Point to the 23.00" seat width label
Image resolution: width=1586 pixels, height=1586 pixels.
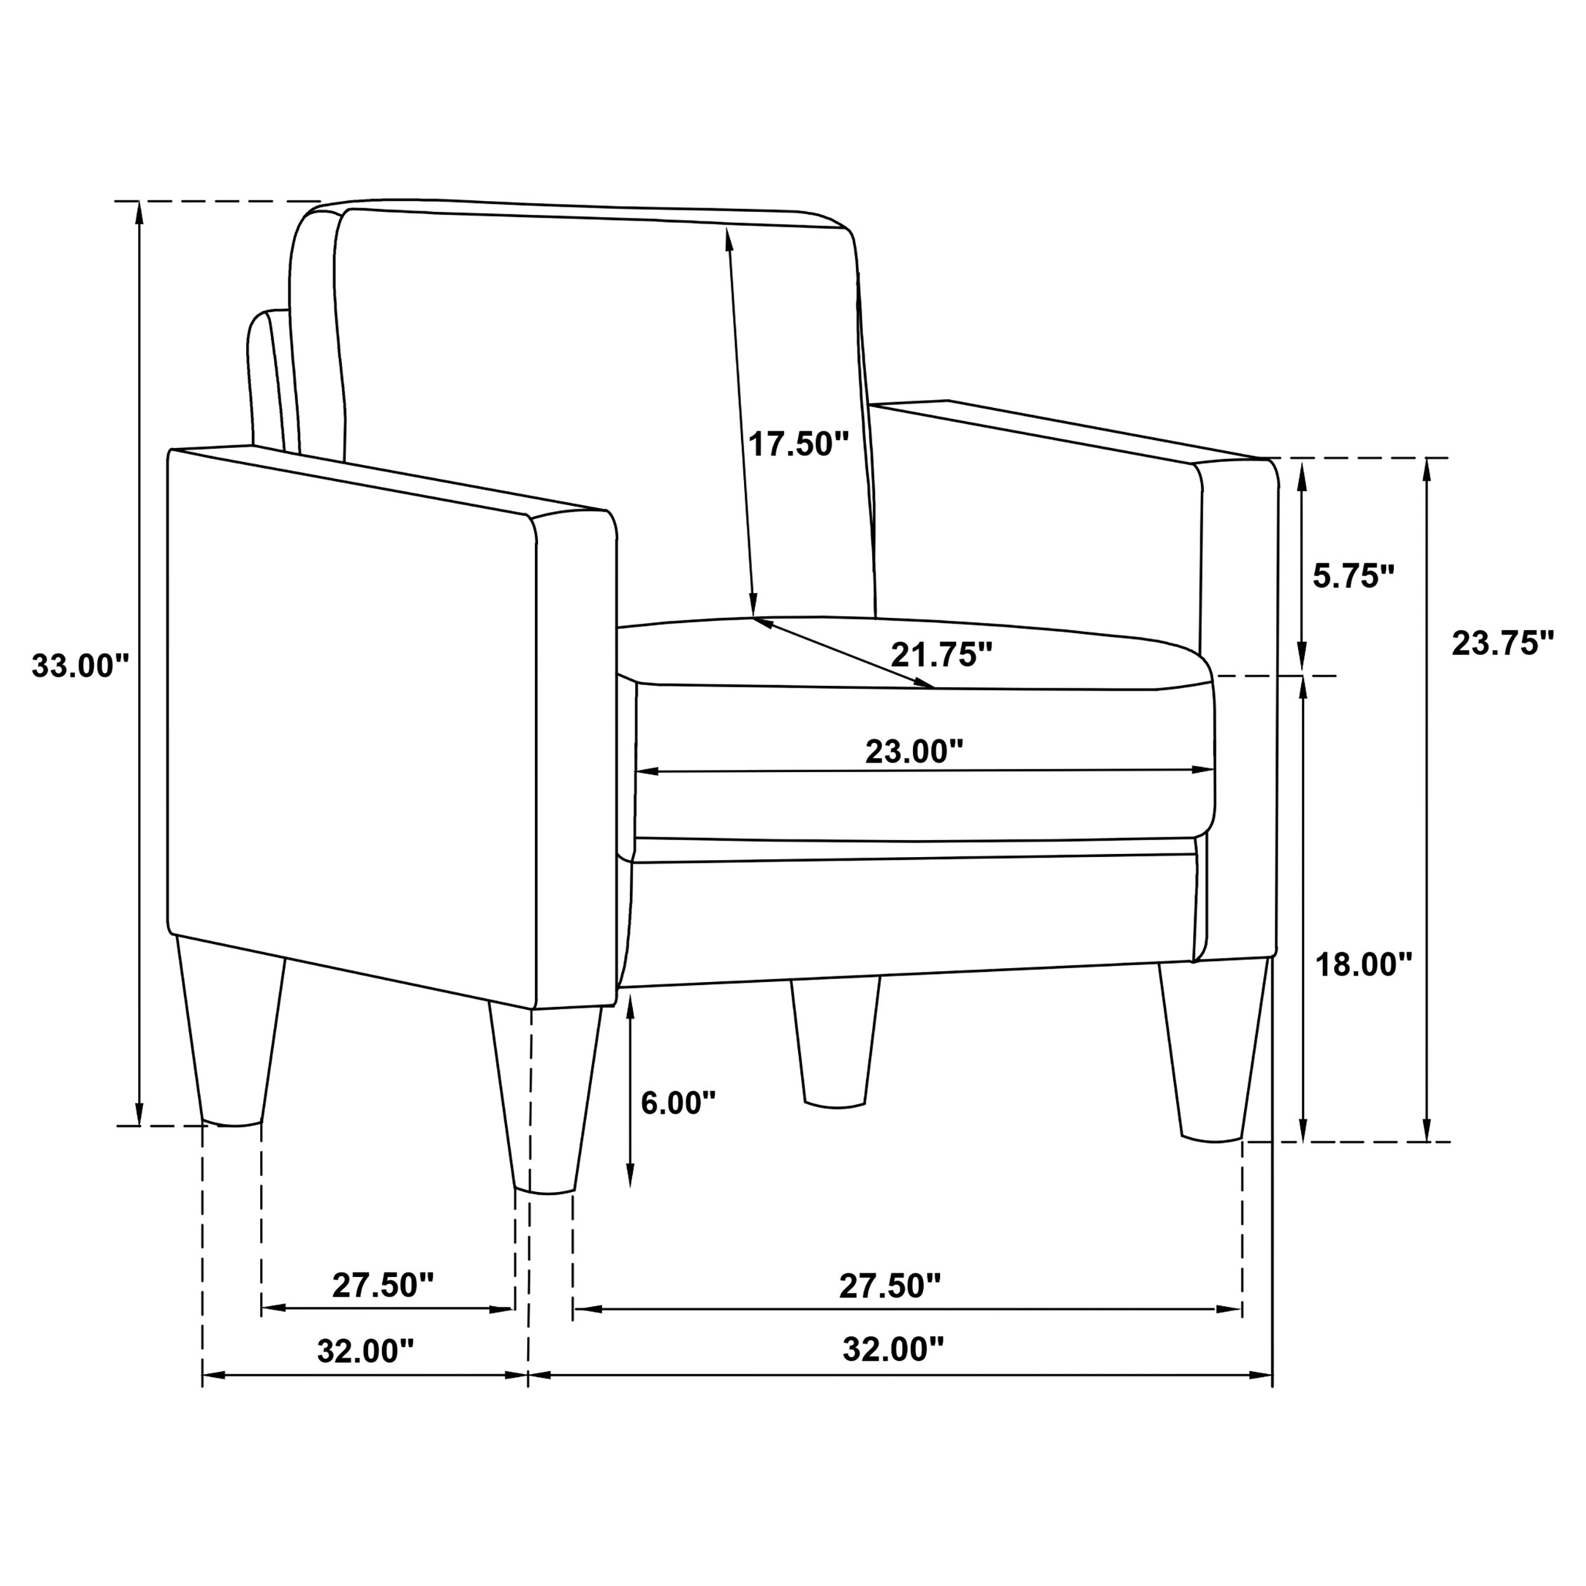tap(914, 751)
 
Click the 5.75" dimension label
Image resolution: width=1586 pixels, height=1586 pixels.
tap(1354, 576)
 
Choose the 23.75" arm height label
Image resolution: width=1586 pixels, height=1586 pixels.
tap(1503, 643)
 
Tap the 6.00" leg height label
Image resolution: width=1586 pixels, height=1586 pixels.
tap(678, 1103)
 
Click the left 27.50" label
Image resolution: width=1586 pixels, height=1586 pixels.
tap(383, 1285)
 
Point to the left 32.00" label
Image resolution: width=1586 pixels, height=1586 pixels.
tap(366, 1351)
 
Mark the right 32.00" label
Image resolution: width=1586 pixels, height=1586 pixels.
tap(893, 1349)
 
